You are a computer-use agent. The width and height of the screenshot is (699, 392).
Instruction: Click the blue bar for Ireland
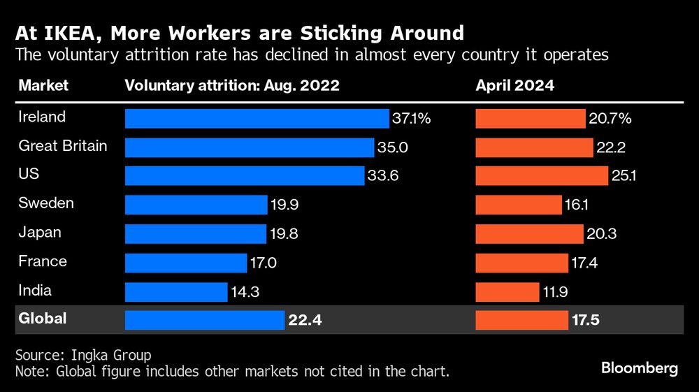257,119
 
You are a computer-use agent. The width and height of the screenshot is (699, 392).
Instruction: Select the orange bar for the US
542,176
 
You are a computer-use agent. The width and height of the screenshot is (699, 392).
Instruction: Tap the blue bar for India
176,291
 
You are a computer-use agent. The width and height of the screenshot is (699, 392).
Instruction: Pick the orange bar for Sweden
519,205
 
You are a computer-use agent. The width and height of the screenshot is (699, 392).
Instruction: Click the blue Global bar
204,320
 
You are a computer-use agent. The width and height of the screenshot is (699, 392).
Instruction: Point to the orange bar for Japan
529,233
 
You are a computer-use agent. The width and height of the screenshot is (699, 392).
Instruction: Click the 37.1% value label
411,119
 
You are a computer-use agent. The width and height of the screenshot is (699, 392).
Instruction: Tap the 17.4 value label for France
584,263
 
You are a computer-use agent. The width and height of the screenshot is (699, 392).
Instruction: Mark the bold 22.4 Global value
304,320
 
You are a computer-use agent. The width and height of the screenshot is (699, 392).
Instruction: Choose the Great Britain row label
63,146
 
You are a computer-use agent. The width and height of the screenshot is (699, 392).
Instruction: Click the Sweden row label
46,203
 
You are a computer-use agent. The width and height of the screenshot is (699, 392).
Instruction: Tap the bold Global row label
43,319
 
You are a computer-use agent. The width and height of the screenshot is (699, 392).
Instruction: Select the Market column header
43,86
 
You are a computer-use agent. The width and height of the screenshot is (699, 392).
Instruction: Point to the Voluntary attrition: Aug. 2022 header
232,86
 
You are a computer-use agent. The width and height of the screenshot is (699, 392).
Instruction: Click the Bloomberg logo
640,368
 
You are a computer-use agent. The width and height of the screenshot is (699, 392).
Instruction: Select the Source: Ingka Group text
83,355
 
